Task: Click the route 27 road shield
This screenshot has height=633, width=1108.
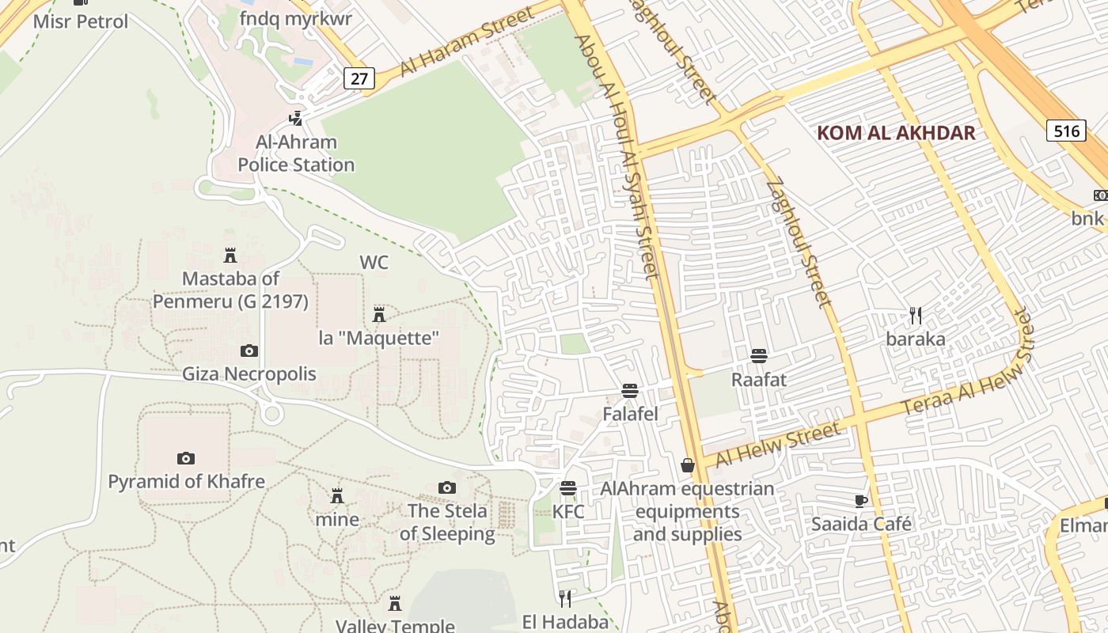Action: (360, 78)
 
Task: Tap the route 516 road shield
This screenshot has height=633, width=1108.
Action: (1066, 131)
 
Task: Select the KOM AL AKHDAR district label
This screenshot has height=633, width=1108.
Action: (896, 132)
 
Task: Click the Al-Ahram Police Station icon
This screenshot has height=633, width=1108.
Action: (296, 119)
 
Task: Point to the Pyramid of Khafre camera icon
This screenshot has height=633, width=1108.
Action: (186, 458)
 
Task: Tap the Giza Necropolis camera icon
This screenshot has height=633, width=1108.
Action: (249, 351)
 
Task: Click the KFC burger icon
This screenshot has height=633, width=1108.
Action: (568, 487)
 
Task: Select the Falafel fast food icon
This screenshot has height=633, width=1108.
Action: (630, 390)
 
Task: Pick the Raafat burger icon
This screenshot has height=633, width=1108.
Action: (759, 355)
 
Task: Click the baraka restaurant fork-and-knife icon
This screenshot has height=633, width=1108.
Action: (916, 316)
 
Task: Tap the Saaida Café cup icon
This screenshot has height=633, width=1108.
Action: (861, 501)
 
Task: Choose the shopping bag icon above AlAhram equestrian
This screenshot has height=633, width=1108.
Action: (688, 465)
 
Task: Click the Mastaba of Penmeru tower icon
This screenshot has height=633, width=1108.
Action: (230, 255)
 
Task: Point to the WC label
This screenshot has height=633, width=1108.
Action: (374, 262)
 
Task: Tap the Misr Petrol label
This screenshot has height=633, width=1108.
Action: (80, 21)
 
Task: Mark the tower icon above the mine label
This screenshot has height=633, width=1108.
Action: (337, 496)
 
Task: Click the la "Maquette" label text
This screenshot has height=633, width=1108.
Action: (379, 338)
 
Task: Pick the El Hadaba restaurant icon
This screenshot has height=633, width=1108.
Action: (565, 597)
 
